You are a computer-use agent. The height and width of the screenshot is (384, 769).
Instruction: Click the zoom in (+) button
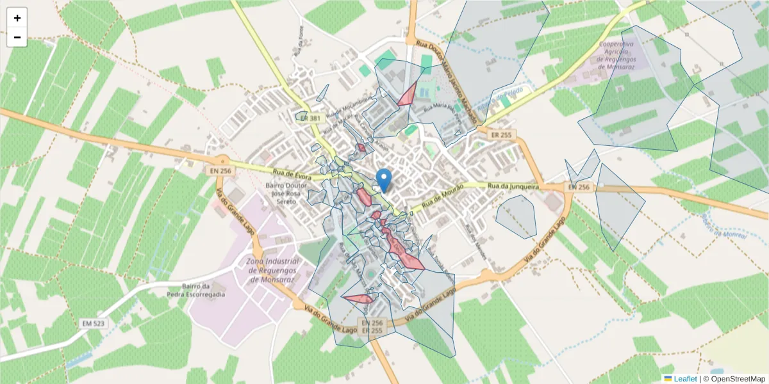pos(17,18)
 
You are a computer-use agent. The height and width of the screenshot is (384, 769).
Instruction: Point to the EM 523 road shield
pos(94,324)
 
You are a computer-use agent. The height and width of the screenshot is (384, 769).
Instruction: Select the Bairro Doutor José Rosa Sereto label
pos(286,193)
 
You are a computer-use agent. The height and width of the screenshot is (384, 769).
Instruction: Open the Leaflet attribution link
pos(685,378)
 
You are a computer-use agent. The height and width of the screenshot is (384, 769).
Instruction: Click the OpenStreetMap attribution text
pos(734,378)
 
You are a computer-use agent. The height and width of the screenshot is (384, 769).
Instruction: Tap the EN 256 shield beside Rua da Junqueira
pos(578,187)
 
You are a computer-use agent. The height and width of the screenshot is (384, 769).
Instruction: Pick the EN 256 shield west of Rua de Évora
pos(219,172)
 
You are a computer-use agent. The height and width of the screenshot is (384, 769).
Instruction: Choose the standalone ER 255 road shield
pos(501,135)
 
